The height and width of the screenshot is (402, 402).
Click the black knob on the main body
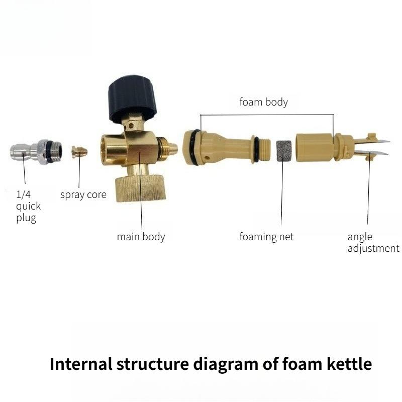pyautogui.click(x=132, y=97)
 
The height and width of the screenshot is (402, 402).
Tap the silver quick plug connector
pyautogui.click(x=36, y=151)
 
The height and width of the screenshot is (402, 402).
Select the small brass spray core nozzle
pyautogui.click(x=79, y=151)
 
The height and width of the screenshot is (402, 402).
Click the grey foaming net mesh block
pyautogui.click(x=284, y=151)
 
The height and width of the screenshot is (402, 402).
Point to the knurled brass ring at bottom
pyautogui.click(x=141, y=187)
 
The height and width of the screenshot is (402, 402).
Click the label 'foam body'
pyautogui.click(x=263, y=102)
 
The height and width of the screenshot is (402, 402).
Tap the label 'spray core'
pyautogui.click(x=83, y=194)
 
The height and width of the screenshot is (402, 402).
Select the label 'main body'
pyautogui.click(x=141, y=237)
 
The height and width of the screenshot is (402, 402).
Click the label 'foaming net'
pyautogui.click(x=266, y=237)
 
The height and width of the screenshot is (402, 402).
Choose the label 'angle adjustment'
pyautogui.click(x=373, y=243)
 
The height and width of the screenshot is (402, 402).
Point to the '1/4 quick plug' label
pyautogui.click(x=28, y=207)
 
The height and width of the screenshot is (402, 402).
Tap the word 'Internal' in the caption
pyautogui.click(x=81, y=364)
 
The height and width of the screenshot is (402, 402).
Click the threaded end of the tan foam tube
pyautogui.click(x=265, y=150)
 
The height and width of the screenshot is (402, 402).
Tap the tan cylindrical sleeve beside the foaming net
pyautogui.click(x=315, y=148)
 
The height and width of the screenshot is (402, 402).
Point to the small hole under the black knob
pyautogui.click(x=131, y=126)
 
